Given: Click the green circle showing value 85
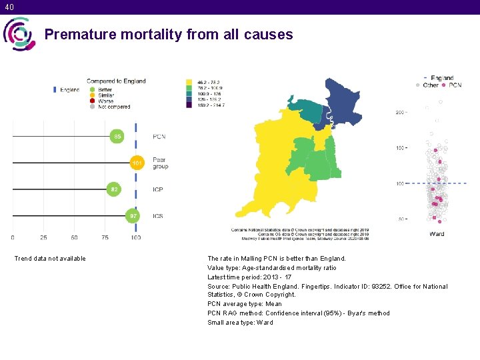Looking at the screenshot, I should click(117, 136).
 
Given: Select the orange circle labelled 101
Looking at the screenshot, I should click(137, 163).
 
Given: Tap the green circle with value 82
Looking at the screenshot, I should click(115, 189).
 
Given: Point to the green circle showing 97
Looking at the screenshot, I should click(134, 216).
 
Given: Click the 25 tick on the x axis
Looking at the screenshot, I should click(43, 237).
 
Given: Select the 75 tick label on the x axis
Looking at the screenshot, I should click(105, 237).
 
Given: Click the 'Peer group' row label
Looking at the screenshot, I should click(160, 163).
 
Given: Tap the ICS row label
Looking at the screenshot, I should click(158, 216).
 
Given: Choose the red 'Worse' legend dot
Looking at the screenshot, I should click(93, 101).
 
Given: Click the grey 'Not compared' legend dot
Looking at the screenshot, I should click(93, 107).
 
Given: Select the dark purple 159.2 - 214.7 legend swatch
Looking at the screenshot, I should click(189, 105).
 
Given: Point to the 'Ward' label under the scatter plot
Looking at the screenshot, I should click(437, 234).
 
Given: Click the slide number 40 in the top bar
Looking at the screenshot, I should click(8, 7).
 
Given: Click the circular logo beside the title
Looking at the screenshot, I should click(19, 34).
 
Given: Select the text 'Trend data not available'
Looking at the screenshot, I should click(50, 259).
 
